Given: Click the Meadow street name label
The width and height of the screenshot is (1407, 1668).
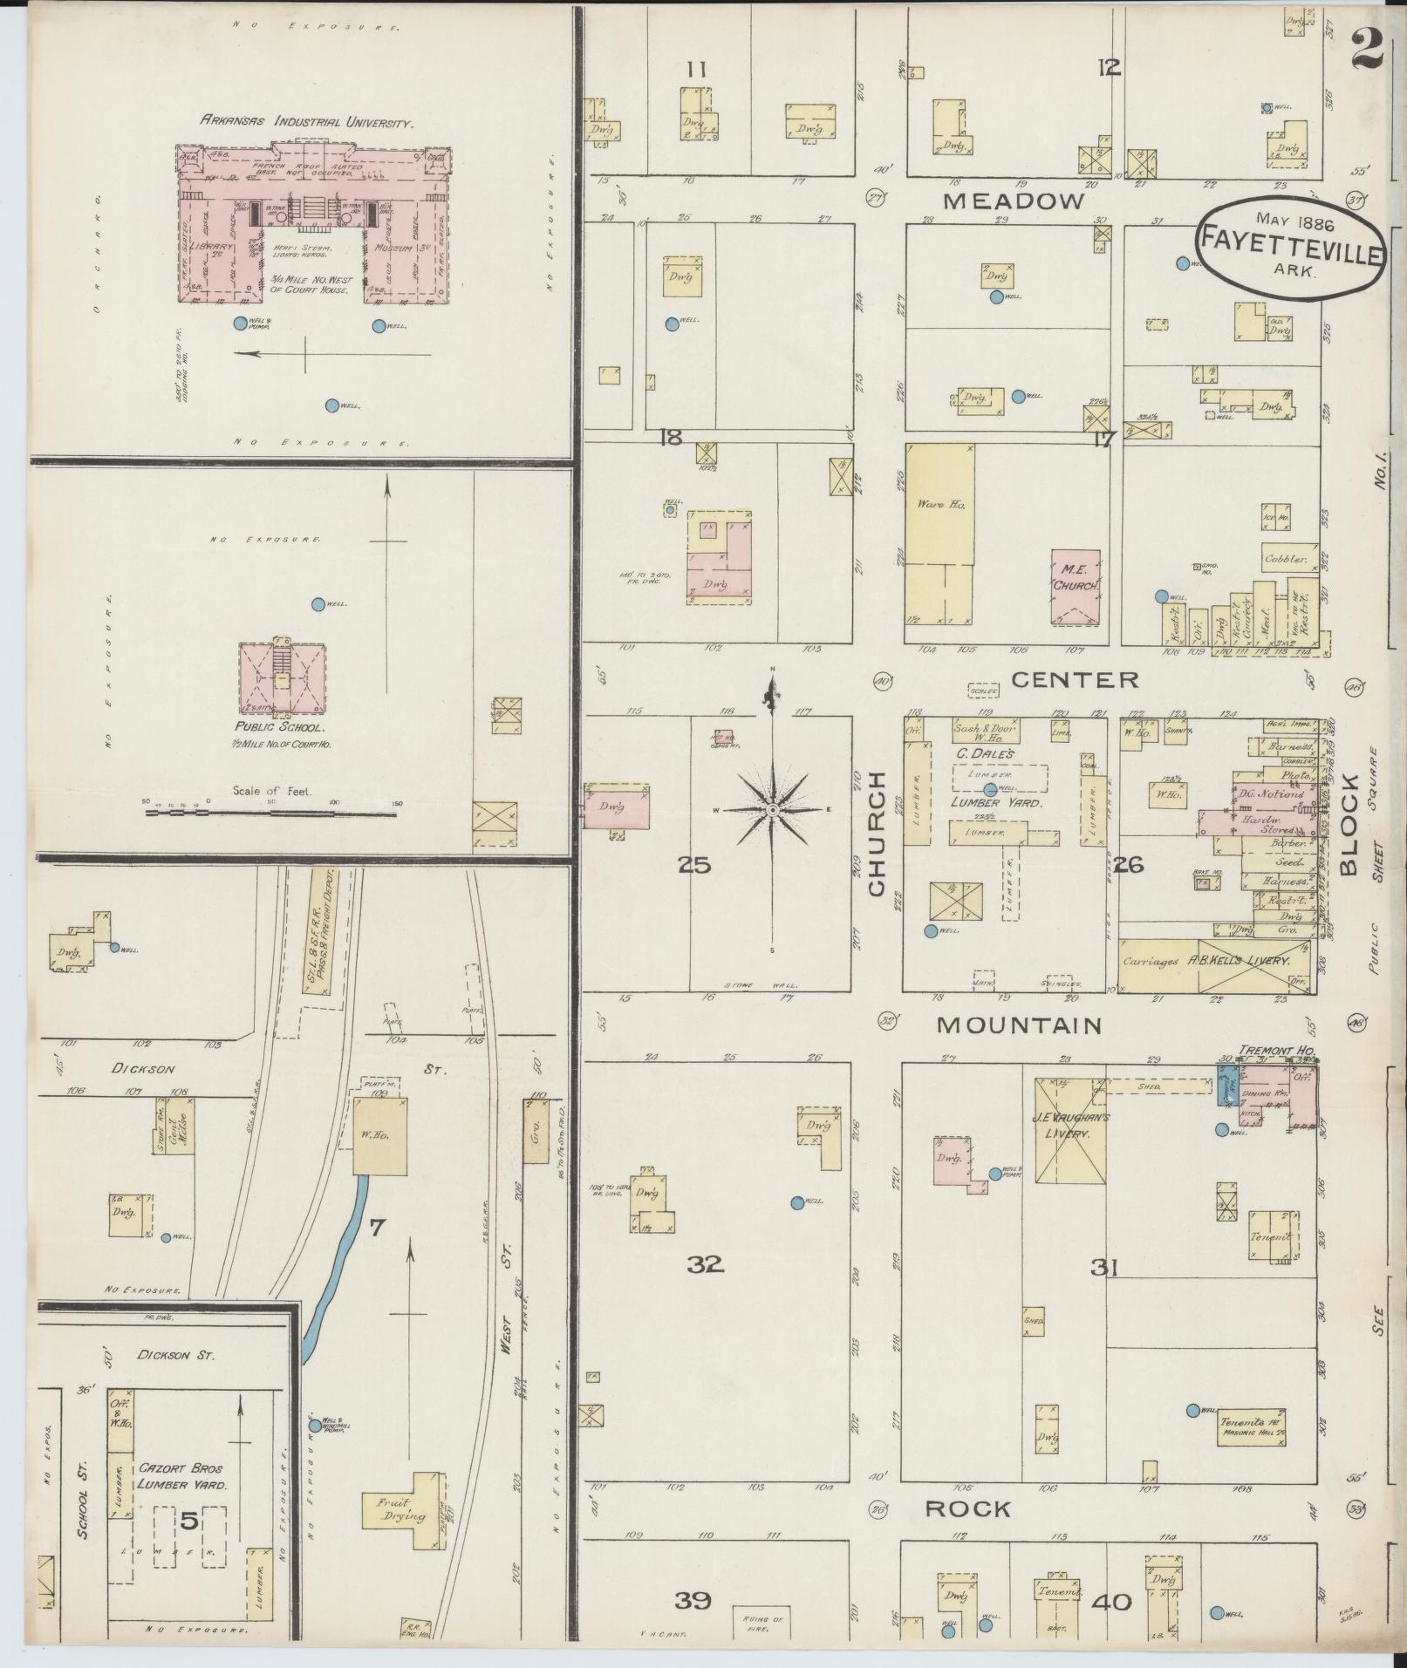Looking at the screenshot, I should click(1014, 201).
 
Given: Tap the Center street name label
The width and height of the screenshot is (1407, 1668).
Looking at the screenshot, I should click(1075, 678).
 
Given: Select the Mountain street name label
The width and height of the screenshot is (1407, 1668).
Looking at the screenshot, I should click(1019, 1025).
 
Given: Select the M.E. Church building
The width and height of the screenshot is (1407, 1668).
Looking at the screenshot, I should click(1075, 586).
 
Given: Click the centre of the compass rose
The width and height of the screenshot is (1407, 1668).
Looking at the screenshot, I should click(773, 810).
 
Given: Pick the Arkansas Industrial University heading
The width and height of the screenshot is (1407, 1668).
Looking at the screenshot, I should click(306, 121).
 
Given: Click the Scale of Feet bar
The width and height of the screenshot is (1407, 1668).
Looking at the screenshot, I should click(270, 812).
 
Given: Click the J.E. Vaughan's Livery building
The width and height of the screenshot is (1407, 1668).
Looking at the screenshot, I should click(1070, 1129).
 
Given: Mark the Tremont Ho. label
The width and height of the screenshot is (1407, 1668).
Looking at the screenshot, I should click(1276, 1052).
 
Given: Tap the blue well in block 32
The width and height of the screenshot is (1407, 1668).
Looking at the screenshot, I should click(796, 1202).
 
